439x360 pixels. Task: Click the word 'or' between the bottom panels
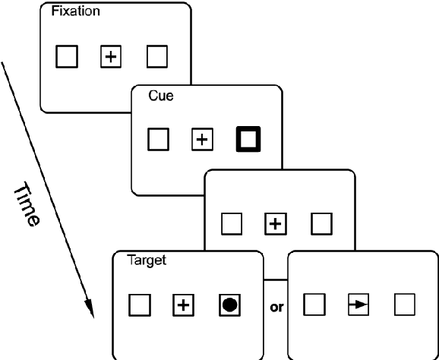[276, 307]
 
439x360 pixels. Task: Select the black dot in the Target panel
[229, 305]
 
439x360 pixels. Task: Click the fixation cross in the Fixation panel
[112, 56]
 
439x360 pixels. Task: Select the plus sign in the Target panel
[184, 305]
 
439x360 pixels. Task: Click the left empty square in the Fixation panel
[67, 56]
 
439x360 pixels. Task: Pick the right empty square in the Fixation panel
[157, 56]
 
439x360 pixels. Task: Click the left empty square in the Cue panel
[157, 140]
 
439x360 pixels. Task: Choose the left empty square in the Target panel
[140, 305]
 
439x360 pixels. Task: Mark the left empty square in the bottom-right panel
[314, 305]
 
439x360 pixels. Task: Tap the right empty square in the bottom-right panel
[404, 305]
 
